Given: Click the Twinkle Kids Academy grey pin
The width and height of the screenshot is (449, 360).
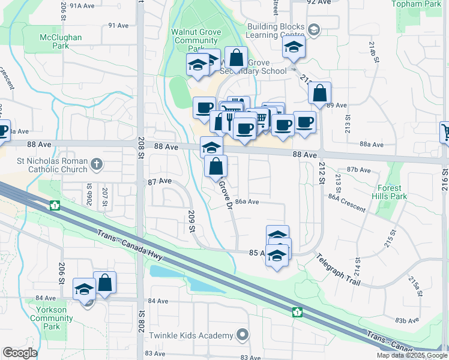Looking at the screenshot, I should coord(242,335).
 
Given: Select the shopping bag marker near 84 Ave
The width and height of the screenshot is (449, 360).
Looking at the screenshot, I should coord(104,283).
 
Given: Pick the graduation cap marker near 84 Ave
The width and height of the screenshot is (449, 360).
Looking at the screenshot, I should coord(84,289).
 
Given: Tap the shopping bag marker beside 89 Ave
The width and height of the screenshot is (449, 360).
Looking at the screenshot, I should coord(319,94).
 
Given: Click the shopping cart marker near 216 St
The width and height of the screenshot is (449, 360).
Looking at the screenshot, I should coord(445,131).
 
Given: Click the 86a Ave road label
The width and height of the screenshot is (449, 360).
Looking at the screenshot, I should coord(247,202).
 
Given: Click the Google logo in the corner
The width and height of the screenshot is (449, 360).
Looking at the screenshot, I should coord(20,353).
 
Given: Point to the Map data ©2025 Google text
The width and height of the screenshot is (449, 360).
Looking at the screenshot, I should coord(412,355).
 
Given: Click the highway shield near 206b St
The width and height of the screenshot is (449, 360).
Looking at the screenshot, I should coord(55,206).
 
